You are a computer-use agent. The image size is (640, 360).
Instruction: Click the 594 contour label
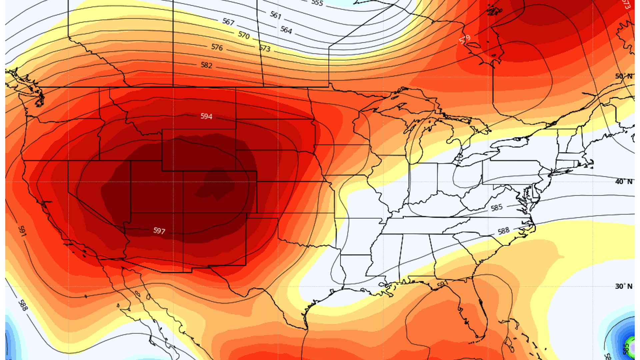point(206,116)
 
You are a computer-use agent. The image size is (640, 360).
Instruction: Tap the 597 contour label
point(159,231)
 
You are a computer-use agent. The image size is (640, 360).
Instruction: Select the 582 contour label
point(206,65)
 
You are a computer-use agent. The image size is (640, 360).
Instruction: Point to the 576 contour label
point(217,47)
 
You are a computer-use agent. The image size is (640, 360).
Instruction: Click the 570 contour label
point(244,35)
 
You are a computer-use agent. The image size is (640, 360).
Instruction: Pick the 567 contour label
point(228,22)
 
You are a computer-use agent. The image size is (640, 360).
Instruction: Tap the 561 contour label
point(276,15)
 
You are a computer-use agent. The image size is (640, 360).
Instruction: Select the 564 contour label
point(286,30)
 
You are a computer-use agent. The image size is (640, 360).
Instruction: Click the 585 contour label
point(496,208)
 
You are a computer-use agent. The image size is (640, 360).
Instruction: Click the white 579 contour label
point(465,39)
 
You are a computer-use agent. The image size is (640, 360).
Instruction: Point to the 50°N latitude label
point(623,76)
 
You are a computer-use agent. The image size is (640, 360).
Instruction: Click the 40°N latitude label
point(623,182)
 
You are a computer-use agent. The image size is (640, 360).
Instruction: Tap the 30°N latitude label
point(623,286)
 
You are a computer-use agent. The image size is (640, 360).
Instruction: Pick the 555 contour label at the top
point(317,3)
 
